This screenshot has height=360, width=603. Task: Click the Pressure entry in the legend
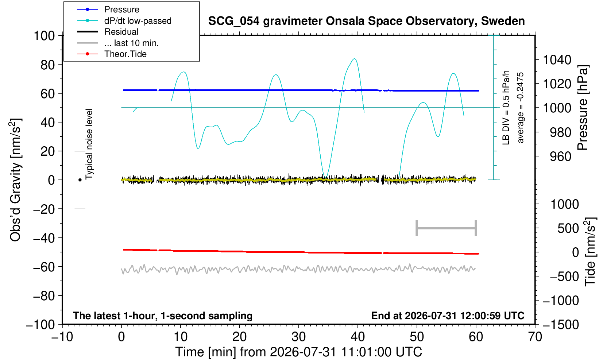click(x=122, y=9)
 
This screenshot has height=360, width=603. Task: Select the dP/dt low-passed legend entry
click(x=138, y=21)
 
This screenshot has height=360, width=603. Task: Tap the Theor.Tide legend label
click(x=125, y=54)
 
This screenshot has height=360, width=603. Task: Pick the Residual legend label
click(x=121, y=32)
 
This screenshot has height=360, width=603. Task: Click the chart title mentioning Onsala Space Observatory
click(x=366, y=21)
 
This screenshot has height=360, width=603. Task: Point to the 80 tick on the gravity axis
click(x=48, y=65)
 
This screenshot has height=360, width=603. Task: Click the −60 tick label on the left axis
click(x=44, y=267)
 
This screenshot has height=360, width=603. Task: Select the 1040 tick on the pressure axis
click(x=557, y=60)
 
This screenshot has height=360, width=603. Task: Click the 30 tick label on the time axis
click(x=298, y=337)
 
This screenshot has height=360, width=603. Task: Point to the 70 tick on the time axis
click(x=535, y=337)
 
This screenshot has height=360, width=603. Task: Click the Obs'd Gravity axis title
click(x=15, y=180)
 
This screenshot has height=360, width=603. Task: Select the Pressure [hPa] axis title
click(x=583, y=108)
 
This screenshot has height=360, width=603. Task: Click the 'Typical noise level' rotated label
click(x=89, y=144)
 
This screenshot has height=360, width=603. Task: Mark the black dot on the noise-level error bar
click(x=80, y=180)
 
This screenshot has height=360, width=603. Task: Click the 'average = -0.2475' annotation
click(x=520, y=108)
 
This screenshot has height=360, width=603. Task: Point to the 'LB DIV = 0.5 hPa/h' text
click(x=506, y=108)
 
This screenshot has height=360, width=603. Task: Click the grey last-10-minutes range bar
click(x=447, y=228)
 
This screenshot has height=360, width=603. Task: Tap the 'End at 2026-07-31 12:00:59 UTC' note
click(x=448, y=316)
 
